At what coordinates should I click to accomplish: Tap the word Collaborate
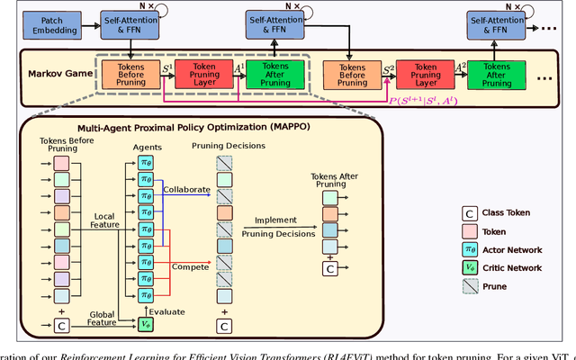pyautogui.click(x=187, y=188)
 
